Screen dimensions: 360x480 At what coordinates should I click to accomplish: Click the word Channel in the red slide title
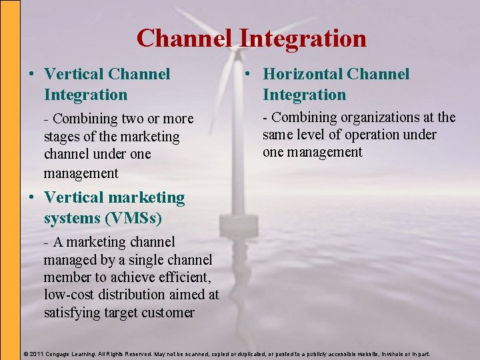[x=185, y=39]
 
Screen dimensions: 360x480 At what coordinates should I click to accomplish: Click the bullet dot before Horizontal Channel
[x=247, y=75]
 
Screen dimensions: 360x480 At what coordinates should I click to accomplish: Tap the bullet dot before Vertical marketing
[x=29, y=198]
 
